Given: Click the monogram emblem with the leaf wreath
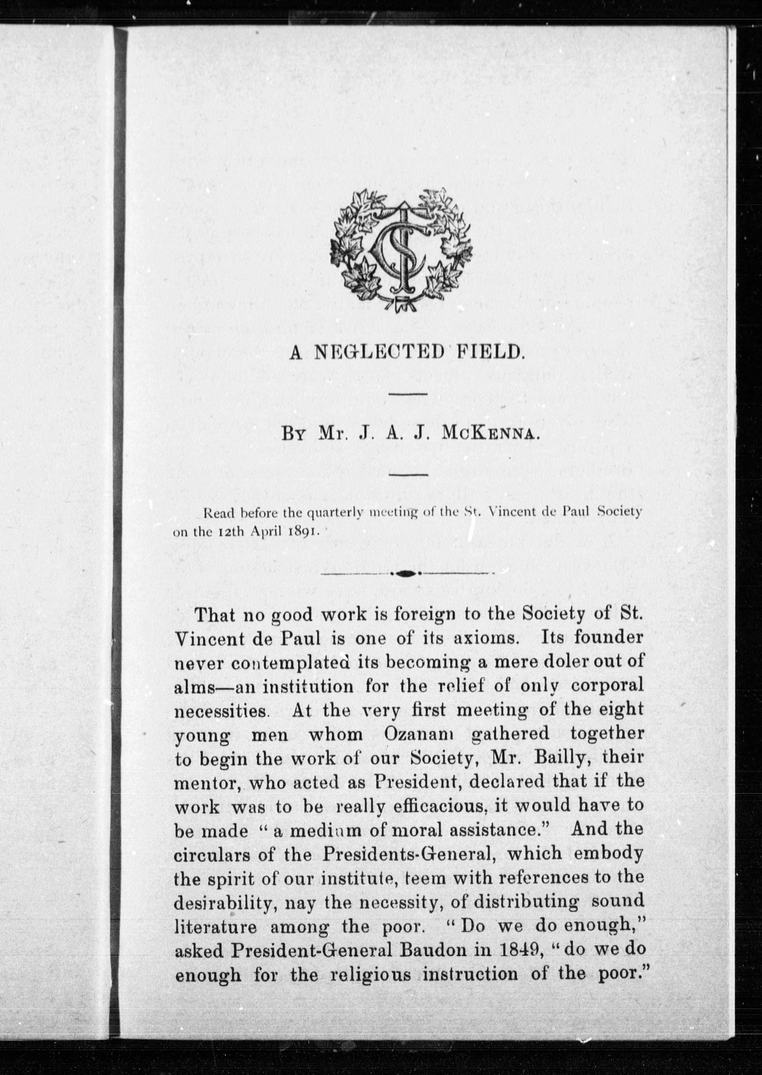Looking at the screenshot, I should [x=401, y=251].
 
